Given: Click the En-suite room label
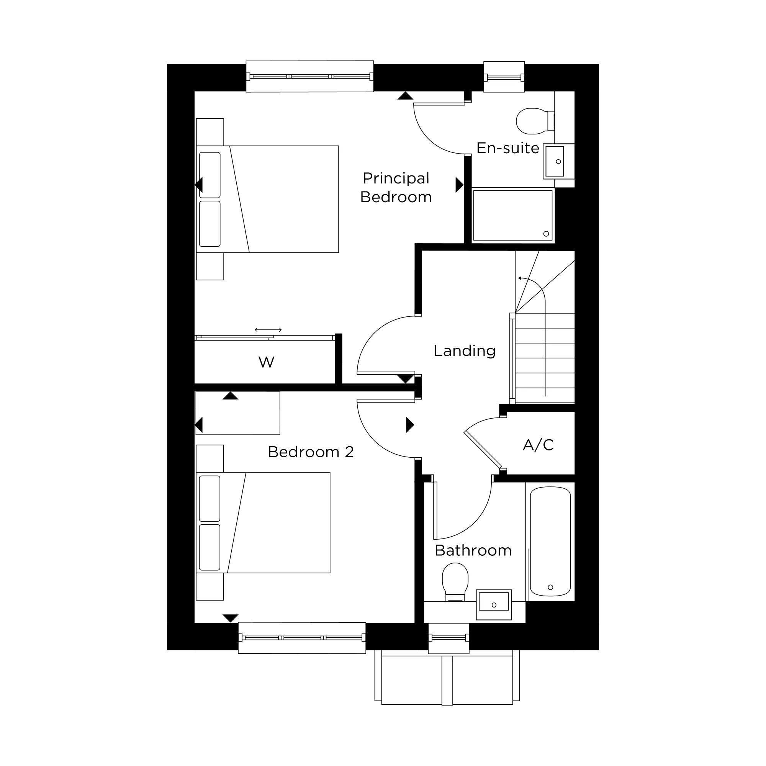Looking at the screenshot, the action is pos(507,148).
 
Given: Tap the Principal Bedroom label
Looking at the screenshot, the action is pos(396,188).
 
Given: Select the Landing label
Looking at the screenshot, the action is pos(465,350).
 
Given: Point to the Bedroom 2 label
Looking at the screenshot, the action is pos(311,452).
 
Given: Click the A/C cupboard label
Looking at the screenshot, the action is pos(538,445).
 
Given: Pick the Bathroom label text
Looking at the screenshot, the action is pos(473,550).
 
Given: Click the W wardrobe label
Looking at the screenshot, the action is pos(267,362).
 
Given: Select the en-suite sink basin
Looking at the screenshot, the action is pos(555,161).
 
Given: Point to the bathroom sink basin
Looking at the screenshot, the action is pos(494,605).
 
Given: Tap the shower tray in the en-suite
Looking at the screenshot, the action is pos(513,215).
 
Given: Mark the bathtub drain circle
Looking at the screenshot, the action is pos(550,587).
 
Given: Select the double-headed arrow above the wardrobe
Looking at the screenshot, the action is pos(268,329).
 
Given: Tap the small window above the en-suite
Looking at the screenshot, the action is pos(504,77).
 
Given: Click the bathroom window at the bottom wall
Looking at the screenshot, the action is pos(449,638).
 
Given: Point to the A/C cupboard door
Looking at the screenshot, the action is pos(483,449).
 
